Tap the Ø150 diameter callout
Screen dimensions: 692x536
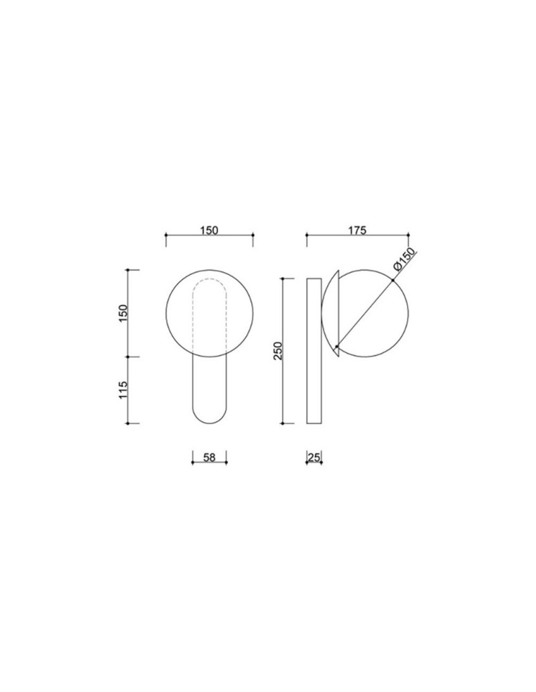point(403,259)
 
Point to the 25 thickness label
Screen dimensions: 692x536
point(314,457)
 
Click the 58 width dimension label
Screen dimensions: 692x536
point(208,457)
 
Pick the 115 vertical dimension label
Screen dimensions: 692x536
point(123,389)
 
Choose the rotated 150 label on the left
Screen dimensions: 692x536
point(123,313)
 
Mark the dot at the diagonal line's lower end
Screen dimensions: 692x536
point(337,346)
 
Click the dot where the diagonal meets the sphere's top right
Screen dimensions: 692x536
point(393,280)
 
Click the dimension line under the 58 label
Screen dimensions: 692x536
point(208,464)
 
